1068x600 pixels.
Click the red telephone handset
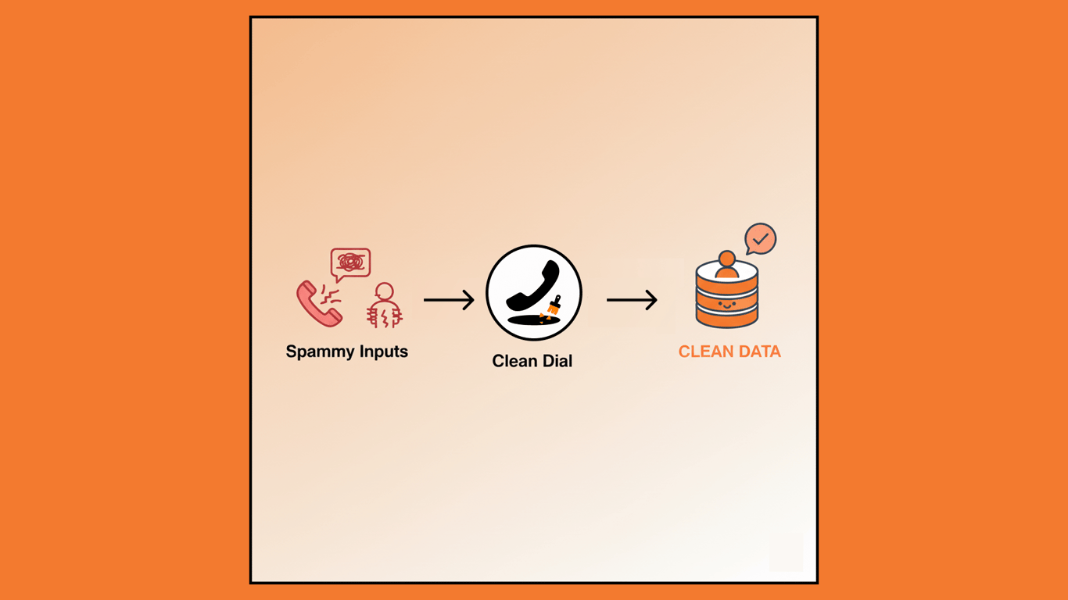(317, 304)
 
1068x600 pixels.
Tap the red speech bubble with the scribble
(350, 263)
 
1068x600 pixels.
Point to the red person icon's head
(384, 291)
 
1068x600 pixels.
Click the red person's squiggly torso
(384, 316)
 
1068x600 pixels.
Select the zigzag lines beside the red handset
(332, 295)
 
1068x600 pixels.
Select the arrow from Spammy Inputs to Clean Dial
(449, 300)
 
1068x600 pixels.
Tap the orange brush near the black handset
(554, 305)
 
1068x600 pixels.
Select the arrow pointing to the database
(632, 300)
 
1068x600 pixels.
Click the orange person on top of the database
(727, 266)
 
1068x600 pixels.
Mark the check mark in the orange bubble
(761, 238)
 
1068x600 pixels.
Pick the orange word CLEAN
(704, 352)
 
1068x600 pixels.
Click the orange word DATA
(758, 352)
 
